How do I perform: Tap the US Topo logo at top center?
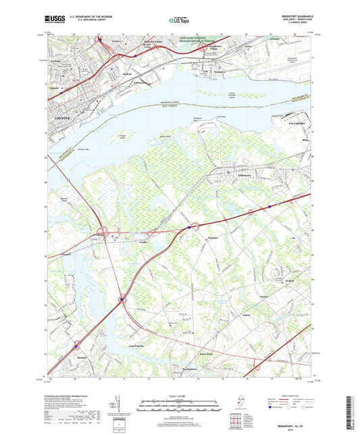(180, 22)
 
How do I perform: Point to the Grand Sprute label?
(136, 347)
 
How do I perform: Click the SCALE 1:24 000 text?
(180, 395)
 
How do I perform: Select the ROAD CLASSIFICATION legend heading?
(292, 395)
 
